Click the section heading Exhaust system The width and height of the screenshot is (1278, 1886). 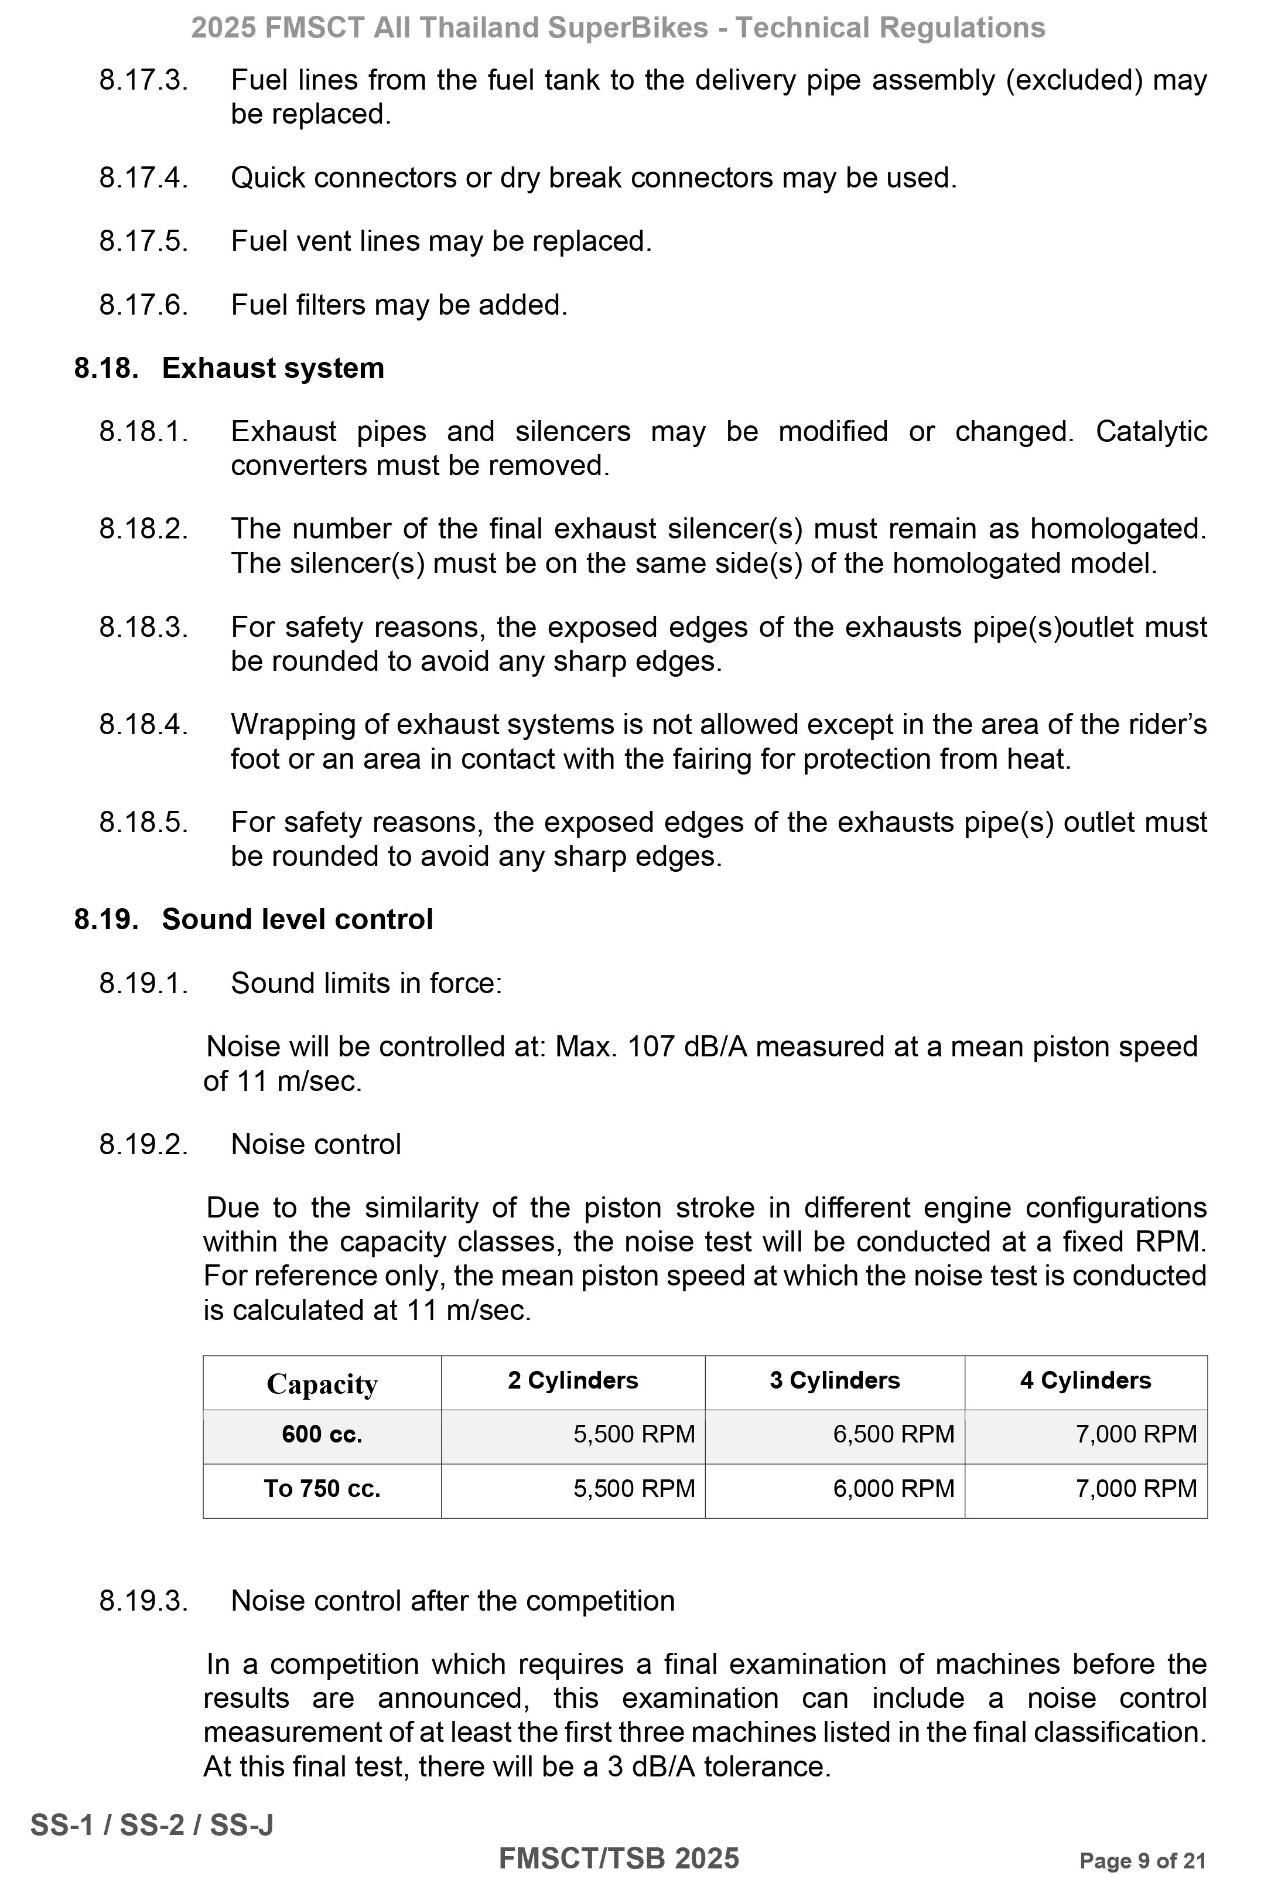(272, 369)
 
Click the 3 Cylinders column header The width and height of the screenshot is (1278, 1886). (834, 1380)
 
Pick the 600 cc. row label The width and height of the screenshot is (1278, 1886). (322, 1435)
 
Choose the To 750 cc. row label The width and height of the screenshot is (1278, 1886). (322, 1489)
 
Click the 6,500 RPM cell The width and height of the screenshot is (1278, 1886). (893, 1435)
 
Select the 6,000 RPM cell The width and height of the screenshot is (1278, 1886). (893, 1489)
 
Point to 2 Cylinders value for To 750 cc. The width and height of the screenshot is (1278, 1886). (634, 1489)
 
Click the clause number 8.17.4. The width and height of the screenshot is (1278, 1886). (143, 178)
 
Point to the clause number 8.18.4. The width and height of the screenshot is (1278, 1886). (143, 725)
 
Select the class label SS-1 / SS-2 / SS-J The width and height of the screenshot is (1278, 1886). (152, 1825)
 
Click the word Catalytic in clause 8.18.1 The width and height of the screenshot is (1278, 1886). (1150, 432)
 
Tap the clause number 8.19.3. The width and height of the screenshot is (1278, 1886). (143, 1601)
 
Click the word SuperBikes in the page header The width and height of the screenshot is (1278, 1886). (628, 28)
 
